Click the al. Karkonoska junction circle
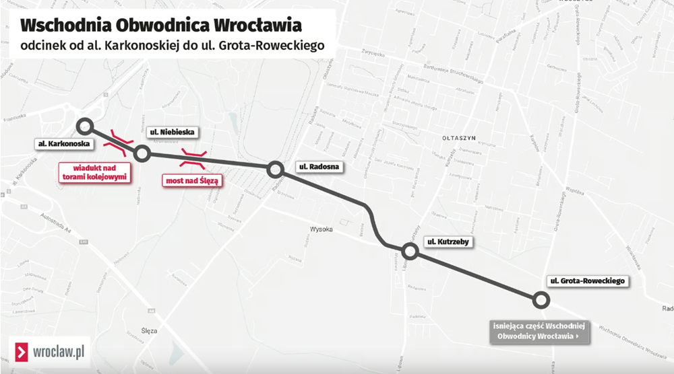click(x=84, y=126)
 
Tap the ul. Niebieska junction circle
click(x=142, y=154)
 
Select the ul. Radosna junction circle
click(x=275, y=170)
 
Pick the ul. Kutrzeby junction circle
click(x=410, y=252)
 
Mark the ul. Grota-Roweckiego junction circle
click(x=539, y=299)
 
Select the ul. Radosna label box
click(x=318, y=166)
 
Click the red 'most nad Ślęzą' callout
click(x=192, y=180)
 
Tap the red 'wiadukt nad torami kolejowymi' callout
click(x=95, y=172)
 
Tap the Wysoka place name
click(x=321, y=229)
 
